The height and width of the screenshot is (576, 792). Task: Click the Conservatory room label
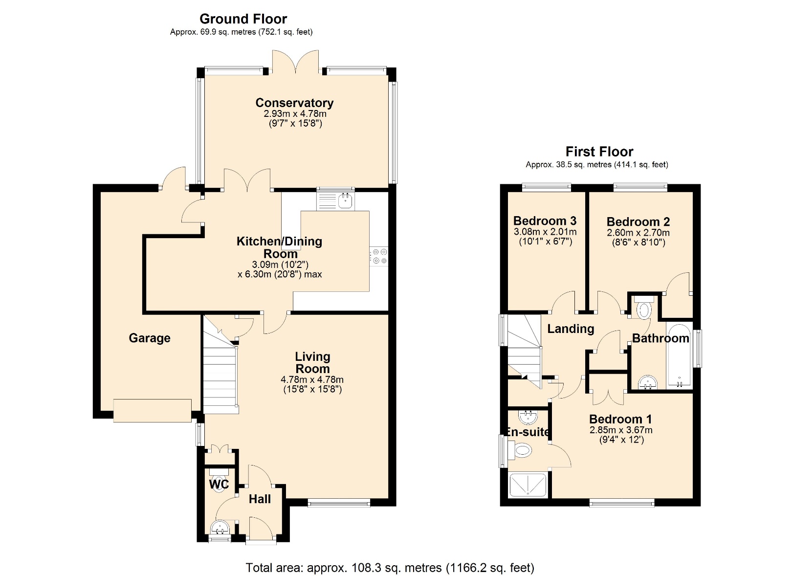pos(294,103)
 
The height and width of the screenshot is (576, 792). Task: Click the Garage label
pos(150,338)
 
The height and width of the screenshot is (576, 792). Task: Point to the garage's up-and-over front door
pos(152,410)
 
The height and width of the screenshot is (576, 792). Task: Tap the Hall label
pos(260,499)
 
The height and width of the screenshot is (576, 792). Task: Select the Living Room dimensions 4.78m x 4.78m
pos(312,379)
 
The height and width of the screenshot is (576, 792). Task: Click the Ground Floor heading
pos(243,19)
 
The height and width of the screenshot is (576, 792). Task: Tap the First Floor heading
pos(599,152)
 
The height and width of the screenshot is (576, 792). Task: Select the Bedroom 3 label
pos(545,221)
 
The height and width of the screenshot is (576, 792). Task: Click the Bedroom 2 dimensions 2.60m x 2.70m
pos(638,233)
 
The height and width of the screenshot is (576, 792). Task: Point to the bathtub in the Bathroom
pos(679,355)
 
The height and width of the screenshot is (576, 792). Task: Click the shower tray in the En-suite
pos(528,485)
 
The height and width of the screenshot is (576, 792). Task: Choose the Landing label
pos(571,329)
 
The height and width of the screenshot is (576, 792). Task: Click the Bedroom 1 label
pos(620,419)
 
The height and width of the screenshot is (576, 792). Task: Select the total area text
pos(390,568)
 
